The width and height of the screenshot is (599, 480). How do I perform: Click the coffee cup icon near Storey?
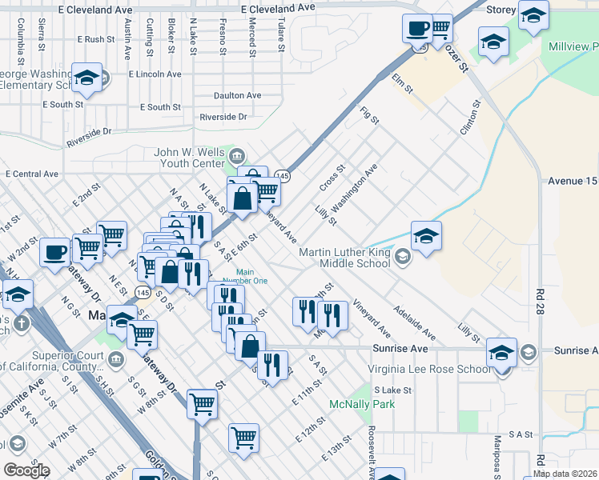tap(416, 29)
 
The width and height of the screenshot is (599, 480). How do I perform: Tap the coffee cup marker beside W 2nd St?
tap(55, 252)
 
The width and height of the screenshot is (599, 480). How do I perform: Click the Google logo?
tap(26, 470)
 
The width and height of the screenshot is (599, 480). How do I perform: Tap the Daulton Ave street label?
tap(237, 95)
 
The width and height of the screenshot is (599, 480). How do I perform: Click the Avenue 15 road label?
tap(572, 181)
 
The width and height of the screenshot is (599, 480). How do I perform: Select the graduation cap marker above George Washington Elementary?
tap(86, 78)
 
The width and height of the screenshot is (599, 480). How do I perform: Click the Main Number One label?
tap(251, 277)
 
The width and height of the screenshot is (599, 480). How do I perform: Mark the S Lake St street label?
tap(391, 390)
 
